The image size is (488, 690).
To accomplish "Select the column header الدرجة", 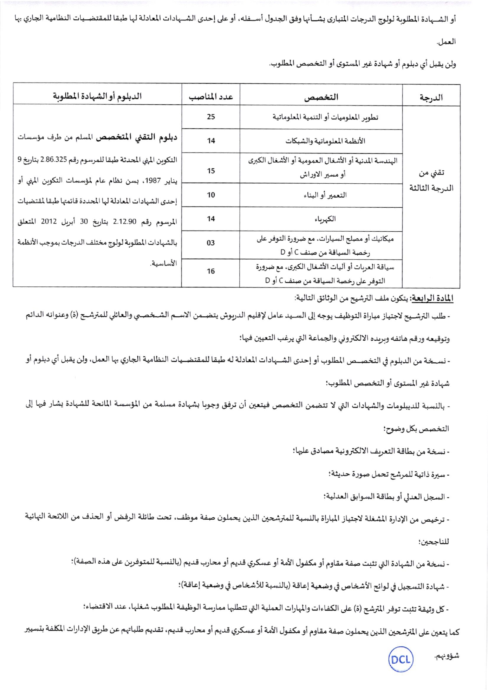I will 431,97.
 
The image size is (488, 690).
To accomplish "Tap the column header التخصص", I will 321,97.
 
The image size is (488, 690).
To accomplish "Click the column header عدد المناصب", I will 211,97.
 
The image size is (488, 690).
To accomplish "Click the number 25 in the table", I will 211,117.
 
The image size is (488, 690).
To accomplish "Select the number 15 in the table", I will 211,171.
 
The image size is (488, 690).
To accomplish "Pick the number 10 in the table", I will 211,195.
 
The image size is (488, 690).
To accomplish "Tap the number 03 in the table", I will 211,243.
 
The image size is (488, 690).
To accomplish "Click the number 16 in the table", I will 211,271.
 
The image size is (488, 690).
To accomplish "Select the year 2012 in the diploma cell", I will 49,222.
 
